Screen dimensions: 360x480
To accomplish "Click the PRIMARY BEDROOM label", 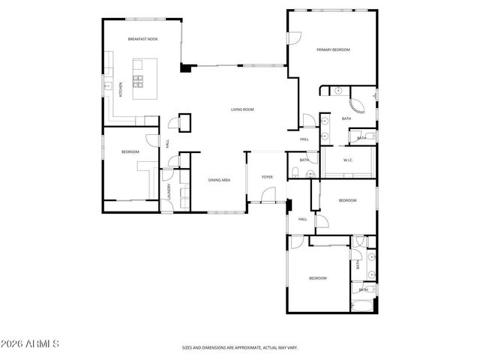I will (x=333, y=49).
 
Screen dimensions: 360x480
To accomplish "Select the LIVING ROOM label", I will (x=241, y=109).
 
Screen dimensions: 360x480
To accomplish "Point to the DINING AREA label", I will (x=219, y=180).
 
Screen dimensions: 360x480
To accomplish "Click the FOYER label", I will (x=266, y=177).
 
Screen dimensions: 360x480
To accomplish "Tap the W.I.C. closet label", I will (x=349, y=160).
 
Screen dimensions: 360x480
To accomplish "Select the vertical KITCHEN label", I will (x=121, y=90).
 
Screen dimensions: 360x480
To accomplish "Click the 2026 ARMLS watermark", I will (x=32, y=345).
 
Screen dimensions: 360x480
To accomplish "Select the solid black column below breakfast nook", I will (x=184, y=67).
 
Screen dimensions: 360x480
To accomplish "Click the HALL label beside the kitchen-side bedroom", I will (x=167, y=142).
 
